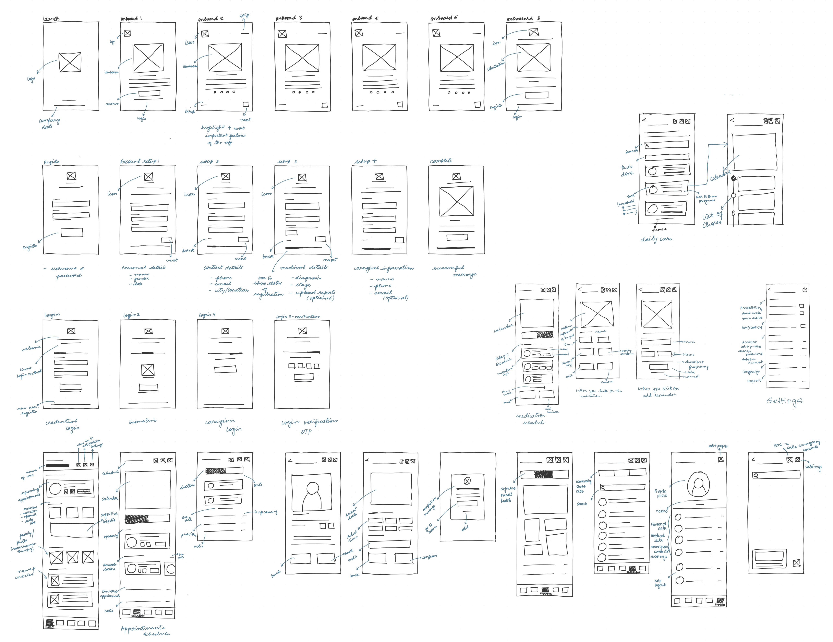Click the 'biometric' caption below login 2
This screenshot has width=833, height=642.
click(143, 421)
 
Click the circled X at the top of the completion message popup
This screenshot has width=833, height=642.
click(467, 481)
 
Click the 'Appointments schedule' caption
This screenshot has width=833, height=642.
click(145, 630)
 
